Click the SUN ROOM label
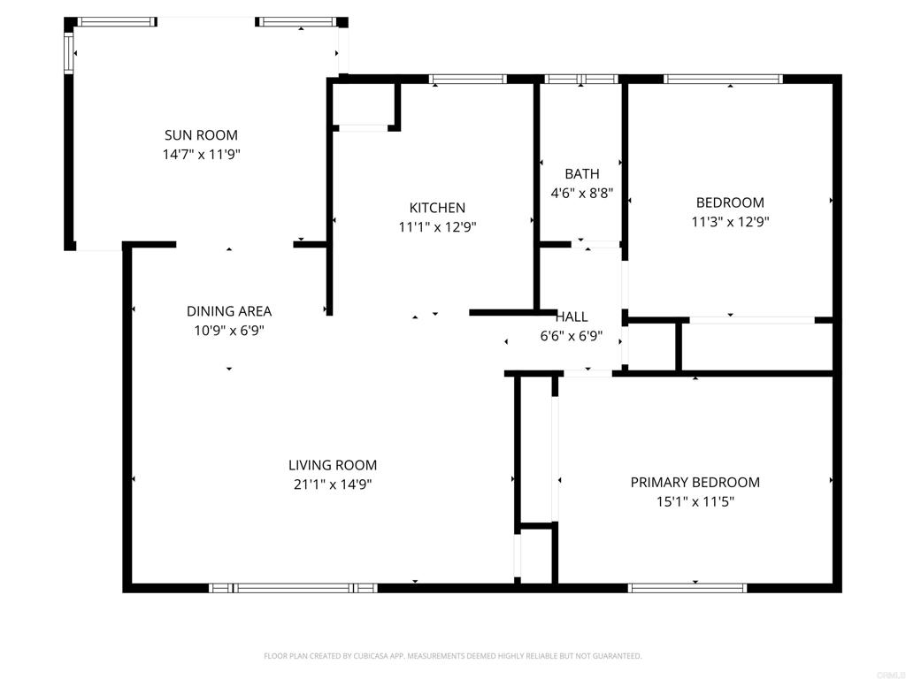201,135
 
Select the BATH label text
581,174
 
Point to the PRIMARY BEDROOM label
695,482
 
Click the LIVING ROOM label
332,465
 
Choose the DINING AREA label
228,311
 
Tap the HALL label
572,317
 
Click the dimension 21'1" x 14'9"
332,484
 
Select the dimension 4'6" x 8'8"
581,192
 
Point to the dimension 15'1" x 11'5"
695,501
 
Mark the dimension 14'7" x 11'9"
201,154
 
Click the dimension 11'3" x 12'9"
729,222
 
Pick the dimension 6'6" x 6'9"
571,336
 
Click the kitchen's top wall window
467,79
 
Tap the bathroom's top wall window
580,79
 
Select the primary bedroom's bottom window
687,587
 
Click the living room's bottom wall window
293,587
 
